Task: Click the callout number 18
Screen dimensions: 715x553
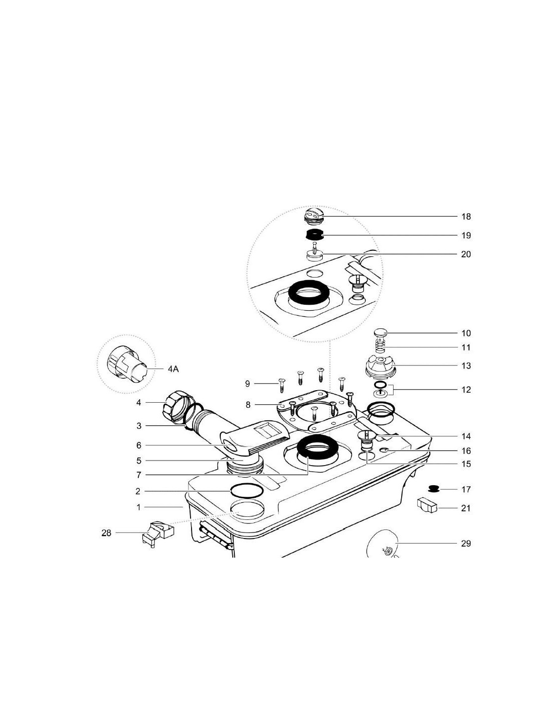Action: (x=466, y=217)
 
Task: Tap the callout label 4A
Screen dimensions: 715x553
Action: (x=173, y=369)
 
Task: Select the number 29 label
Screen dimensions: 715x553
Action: (x=466, y=544)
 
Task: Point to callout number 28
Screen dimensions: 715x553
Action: (x=107, y=533)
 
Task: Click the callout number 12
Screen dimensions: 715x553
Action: (x=466, y=390)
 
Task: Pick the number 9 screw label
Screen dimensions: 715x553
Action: (x=247, y=384)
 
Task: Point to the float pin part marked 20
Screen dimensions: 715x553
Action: (x=314, y=253)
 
